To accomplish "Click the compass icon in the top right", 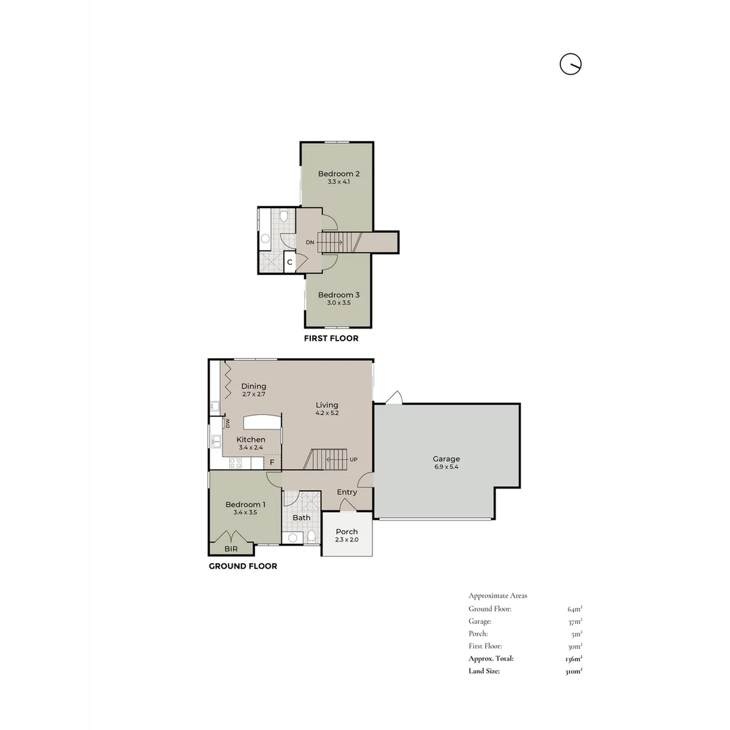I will click(570, 64).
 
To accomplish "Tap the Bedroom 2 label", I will click(339, 174).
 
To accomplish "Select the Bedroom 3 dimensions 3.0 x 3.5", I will click(339, 304).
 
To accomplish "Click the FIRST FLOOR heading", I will click(331, 338).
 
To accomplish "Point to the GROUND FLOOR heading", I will click(243, 566).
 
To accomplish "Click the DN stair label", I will click(310, 242).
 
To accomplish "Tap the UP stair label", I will click(353, 460).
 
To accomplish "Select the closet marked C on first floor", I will click(289, 262).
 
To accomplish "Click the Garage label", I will click(446, 459).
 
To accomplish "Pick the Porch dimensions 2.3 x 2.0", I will click(347, 540).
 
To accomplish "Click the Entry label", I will click(347, 492).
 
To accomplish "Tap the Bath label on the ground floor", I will click(301, 518).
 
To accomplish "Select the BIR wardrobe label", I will click(231, 549).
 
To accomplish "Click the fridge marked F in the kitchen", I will click(272, 462).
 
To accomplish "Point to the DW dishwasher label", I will click(228, 423).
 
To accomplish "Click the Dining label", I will click(253, 386).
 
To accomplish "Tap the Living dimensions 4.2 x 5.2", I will click(327, 414).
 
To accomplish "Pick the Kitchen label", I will click(250, 439).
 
